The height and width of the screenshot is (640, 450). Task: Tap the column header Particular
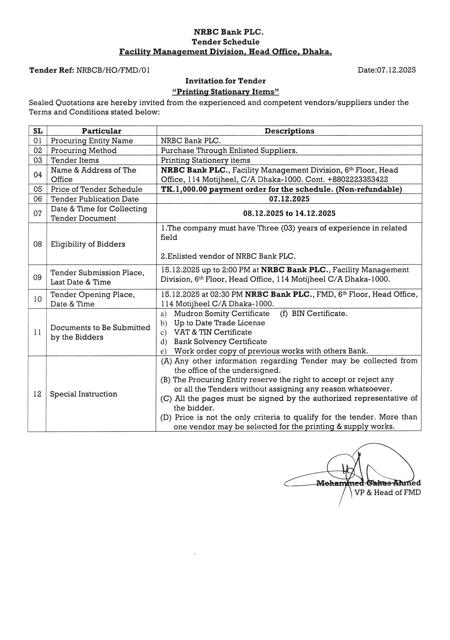click(101, 131)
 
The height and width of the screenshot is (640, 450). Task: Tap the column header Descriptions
click(289, 131)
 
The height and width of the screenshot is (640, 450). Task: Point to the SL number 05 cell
click(38, 189)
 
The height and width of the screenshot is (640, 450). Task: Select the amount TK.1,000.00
click(184, 189)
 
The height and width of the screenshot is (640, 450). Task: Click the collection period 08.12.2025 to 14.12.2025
click(289, 214)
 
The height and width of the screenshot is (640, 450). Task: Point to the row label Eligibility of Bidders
click(88, 244)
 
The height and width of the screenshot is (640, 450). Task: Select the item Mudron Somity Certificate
click(222, 314)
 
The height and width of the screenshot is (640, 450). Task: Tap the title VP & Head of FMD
click(387, 493)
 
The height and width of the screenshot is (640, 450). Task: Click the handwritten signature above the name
click(362, 468)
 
